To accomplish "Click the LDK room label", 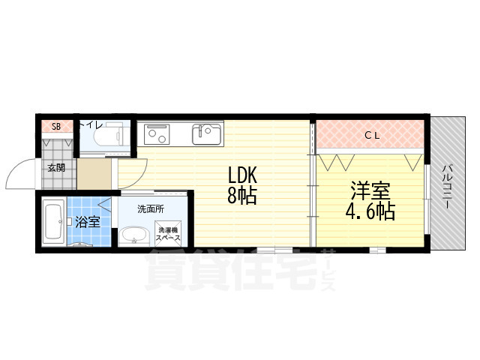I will (243, 176).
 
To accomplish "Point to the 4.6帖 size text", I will (370, 211).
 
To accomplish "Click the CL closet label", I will (371, 136).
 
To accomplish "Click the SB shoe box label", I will (55, 125).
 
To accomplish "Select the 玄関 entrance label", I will (56, 167).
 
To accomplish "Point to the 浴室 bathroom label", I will (87, 221).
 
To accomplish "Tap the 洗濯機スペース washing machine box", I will (168, 232).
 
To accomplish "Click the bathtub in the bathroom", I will (52, 221).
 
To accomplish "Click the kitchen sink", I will (206, 134).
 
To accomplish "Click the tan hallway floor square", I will (94, 174).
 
